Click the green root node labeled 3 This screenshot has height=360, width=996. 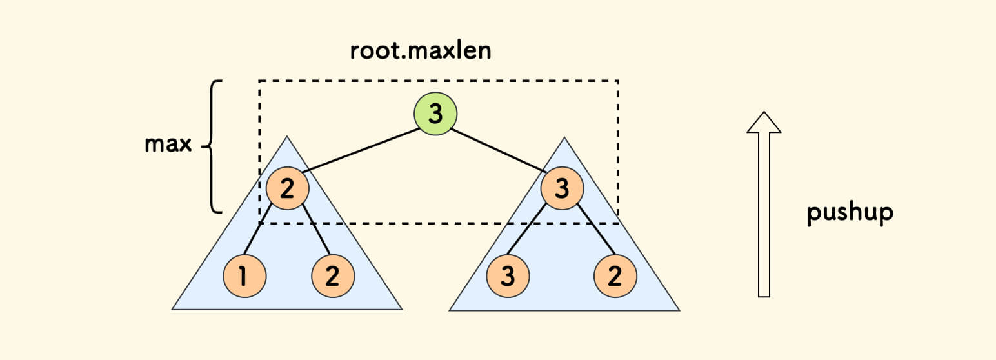click(x=435, y=114)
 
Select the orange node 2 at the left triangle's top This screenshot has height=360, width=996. click(x=287, y=188)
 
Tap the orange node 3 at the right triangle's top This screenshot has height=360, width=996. click(x=562, y=188)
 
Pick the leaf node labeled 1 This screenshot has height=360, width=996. click(x=244, y=276)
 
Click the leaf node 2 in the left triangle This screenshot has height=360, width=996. click(x=333, y=276)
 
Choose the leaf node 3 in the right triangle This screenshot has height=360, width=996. click(x=508, y=276)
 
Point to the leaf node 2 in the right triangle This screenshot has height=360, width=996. click(x=615, y=276)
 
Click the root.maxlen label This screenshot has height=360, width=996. click(x=421, y=51)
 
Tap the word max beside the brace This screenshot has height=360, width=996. click(x=168, y=144)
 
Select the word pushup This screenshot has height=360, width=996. click(x=850, y=214)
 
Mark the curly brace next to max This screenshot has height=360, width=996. click(x=214, y=146)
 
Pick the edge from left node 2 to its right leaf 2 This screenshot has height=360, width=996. click(x=316, y=230)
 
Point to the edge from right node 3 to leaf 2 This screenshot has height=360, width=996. click(x=595, y=230)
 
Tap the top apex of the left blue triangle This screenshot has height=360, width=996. click(x=287, y=137)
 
